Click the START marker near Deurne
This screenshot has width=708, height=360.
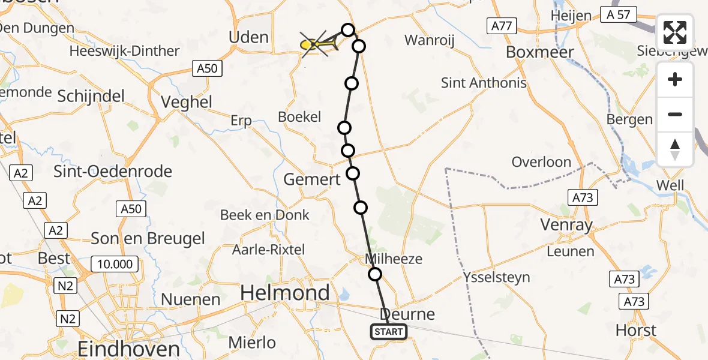[x=389, y=331]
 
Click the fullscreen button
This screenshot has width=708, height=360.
[x=675, y=32]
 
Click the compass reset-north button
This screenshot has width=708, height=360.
[x=675, y=149]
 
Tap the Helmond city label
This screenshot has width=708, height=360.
[x=285, y=293]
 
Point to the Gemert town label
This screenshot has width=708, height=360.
[x=311, y=179]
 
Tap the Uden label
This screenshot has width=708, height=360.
[x=248, y=37]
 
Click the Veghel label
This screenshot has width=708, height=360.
[x=187, y=102]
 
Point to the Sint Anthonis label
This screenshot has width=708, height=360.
[x=484, y=83]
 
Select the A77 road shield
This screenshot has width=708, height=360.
[x=501, y=25]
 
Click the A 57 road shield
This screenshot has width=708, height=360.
[x=618, y=14]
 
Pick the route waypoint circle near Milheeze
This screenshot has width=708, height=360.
[x=374, y=274]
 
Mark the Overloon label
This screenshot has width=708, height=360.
[x=541, y=162]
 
